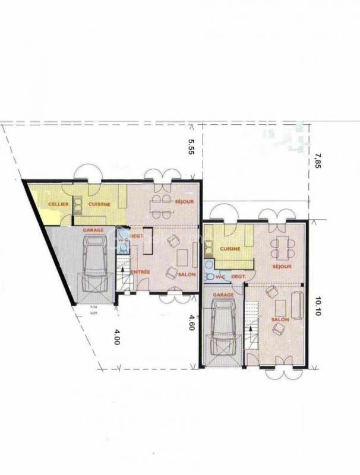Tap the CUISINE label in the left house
[x=99, y=204]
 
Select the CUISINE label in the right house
[x=229, y=249]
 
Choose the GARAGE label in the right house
[x=223, y=294]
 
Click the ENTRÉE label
[x=140, y=272]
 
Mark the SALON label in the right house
[x=279, y=319]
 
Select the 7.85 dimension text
[x=318, y=161]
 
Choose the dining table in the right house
[x=282, y=245]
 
